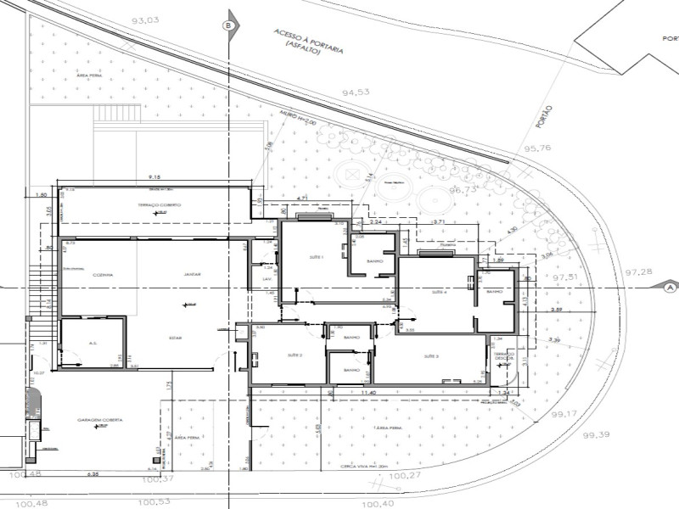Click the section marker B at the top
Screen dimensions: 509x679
click(x=227, y=26)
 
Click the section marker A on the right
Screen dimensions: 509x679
click(x=670, y=288)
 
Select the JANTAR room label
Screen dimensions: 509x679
click(x=191, y=275)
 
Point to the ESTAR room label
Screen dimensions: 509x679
click(x=176, y=337)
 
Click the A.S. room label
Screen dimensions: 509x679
click(x=94, y=344)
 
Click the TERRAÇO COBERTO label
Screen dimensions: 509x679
click(x=160, y=206)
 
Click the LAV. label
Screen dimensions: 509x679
click(x=266, y=277)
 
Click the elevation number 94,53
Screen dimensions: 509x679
click(x=356, y=92)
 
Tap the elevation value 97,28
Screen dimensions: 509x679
click(x=638, y=271)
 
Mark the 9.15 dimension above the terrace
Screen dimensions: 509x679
click(x=154, y=176)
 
